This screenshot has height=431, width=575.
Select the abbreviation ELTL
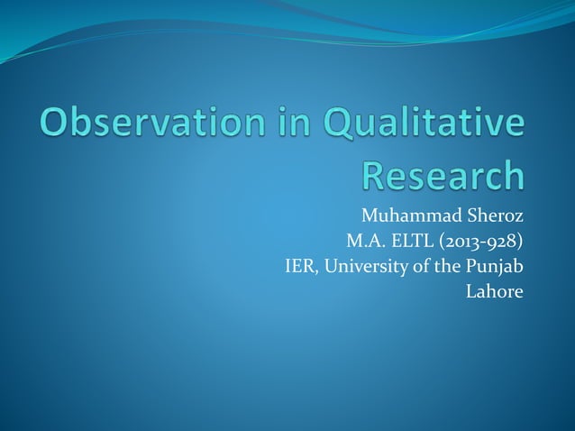pos(417,243)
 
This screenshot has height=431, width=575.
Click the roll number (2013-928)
pos(486,243)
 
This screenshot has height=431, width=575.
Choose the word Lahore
pos(494,291)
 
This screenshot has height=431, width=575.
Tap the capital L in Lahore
pos(470,291)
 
